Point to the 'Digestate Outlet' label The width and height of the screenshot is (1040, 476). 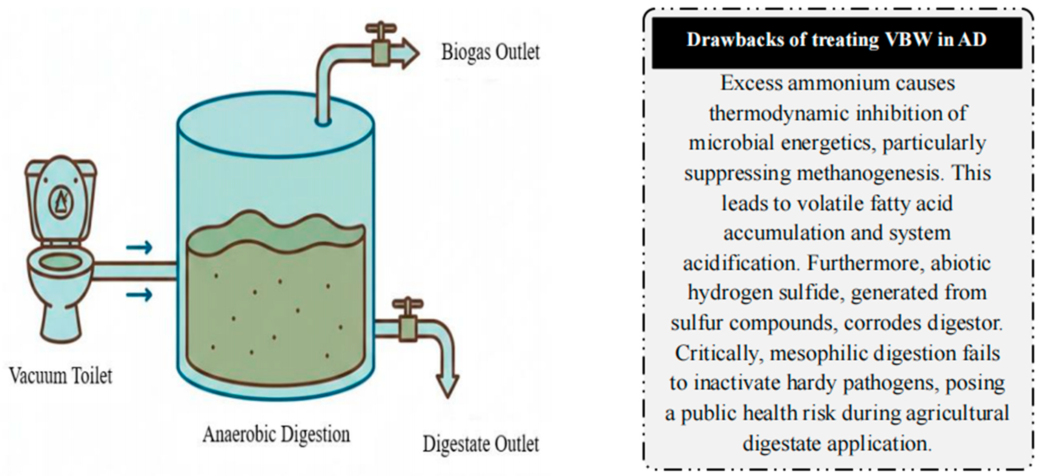pyautogui.click(x=480, y=444)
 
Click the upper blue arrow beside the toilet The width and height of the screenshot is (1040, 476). pyautogui.click(x=139, y=247)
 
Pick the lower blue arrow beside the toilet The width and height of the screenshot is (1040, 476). pyautogui.click(x=139, y=295)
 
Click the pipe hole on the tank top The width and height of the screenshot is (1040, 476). pyautogui.click(x=323, y=121)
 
